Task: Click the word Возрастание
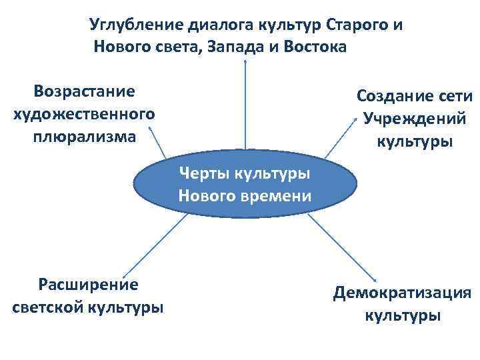coord(84,90)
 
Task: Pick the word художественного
coord(84,113)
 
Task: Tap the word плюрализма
coord(84,137)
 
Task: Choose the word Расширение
coord(88,285)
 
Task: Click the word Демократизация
coord(403,293)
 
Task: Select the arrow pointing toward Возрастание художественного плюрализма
coord(157,143)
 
